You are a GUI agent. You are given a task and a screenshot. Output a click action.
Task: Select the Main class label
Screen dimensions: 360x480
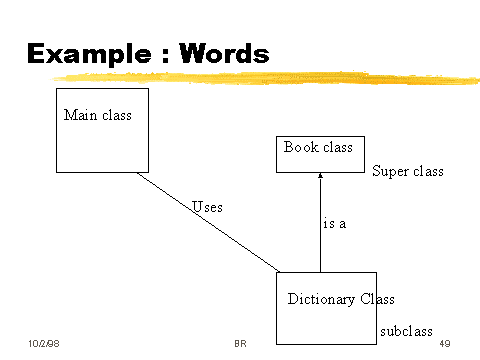click(98, 115)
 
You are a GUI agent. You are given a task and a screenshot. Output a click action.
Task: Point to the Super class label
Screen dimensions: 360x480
click(407, 172)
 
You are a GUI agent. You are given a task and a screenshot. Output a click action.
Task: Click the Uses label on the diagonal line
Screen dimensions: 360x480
click(207, 207)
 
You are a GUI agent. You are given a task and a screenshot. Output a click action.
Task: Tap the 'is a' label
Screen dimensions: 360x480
click(335, 224)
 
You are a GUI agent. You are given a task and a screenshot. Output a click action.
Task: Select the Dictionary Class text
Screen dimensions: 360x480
click(341, 299)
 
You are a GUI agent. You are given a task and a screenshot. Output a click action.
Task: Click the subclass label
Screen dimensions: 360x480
click(406, 330)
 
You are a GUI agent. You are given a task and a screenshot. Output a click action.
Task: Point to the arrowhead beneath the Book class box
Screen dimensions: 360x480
click(320, 177)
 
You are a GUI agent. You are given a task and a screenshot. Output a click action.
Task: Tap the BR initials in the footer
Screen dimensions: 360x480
click(240, 343)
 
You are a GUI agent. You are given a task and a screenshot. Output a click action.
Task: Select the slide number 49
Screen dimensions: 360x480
click(445, 343)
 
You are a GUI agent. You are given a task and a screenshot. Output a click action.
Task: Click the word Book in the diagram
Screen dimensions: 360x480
click(301, 148)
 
